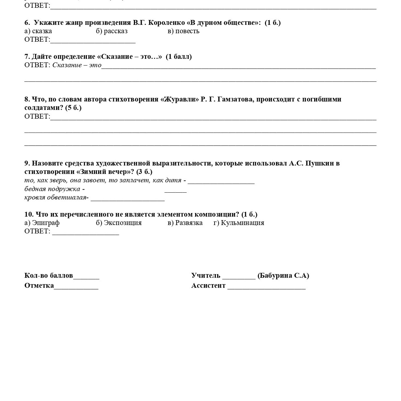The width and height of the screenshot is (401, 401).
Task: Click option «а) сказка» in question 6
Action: click(38, 31)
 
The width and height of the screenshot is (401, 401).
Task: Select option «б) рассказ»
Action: click(112, 31)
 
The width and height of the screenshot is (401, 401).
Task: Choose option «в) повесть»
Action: click(183, 31)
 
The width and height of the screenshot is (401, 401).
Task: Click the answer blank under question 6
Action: click(93, 40)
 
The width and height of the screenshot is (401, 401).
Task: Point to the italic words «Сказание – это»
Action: click(77, 65)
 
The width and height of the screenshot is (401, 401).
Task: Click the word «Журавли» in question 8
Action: click(180, 99)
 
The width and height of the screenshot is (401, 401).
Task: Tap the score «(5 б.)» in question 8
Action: click(73, 108)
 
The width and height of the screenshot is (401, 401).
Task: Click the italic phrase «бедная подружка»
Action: click(52, 189)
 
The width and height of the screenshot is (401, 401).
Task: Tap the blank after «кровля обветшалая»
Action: click(128, 198)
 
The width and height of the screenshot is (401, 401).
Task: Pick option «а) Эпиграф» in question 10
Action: click(42, 223)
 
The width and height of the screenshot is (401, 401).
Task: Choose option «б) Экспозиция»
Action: click(119, 223)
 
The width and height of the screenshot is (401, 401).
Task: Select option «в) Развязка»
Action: click(185, 223)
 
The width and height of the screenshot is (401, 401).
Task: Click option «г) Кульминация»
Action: click(239, 223)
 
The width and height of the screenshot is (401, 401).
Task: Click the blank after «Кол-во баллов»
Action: click(86, 277)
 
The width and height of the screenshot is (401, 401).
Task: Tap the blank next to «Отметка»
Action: click(76, 287)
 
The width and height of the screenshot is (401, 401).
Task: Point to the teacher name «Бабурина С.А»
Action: click(283, 275)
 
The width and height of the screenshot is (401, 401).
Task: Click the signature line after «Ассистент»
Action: click(266, 287)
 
